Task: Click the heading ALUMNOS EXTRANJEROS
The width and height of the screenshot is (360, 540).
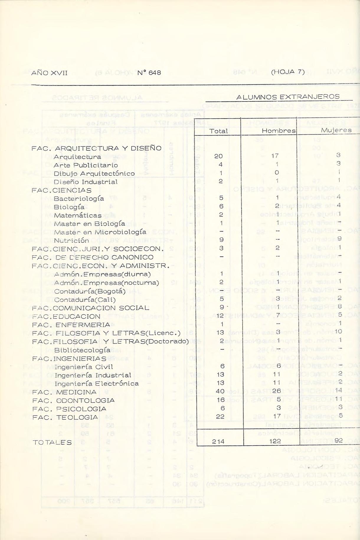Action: point(288,97)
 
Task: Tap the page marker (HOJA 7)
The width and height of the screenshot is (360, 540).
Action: point(287,72)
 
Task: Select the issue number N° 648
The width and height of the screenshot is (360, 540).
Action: point(149,73)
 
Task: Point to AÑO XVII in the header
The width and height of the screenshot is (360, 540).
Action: point(49,73)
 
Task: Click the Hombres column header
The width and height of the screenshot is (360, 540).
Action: point(279,131)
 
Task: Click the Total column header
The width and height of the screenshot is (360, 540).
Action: point(218,131)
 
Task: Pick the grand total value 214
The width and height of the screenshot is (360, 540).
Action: point(218,441)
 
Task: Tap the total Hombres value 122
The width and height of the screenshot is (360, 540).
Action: point(275,441)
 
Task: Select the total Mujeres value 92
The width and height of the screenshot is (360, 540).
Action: point(338,441)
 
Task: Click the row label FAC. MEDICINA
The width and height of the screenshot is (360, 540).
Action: point(64,392)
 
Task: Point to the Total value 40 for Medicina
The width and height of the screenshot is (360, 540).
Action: point(220,391)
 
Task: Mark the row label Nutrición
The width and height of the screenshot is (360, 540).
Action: point(71,240)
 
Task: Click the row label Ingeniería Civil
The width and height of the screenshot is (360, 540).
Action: point(84,367)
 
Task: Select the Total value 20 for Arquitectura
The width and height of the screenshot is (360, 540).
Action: point(218,156)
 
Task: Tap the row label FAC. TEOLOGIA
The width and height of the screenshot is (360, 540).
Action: point(65,417)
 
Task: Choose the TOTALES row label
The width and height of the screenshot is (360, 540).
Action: point(52,442)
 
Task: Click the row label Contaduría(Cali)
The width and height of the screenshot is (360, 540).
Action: point(85,300)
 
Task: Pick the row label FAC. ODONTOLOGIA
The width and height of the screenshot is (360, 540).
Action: point(73,401)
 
